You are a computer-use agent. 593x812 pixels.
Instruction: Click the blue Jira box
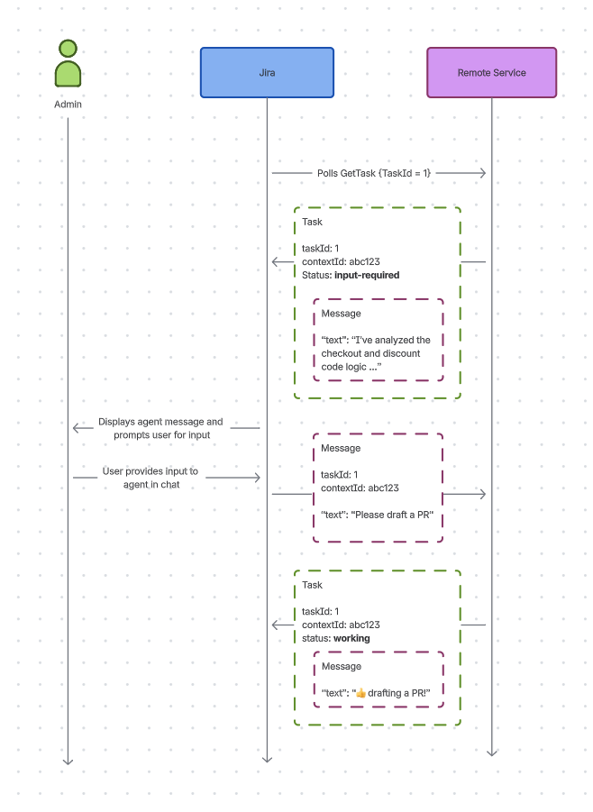point(267,72)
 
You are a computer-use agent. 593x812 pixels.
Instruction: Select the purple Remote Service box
point(491,72)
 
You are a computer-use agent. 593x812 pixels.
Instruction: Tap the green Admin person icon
point(68,64)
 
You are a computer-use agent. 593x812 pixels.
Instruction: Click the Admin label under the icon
point(68,105)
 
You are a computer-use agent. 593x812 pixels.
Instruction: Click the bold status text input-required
point(366,275)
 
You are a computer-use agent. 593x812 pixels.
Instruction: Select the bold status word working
point(351,638)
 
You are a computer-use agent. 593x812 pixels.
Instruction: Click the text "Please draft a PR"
point(384,514)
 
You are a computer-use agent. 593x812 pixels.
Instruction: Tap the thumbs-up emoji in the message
point(360,693)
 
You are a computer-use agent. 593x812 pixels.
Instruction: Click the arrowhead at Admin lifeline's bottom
point(68,762)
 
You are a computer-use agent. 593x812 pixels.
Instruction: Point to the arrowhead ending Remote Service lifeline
point(492,752)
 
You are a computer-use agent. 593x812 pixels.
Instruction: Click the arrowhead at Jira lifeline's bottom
point(267,759)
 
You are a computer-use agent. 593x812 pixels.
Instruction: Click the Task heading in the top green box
point(312,222)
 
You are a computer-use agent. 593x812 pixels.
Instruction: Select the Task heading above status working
point(312,585)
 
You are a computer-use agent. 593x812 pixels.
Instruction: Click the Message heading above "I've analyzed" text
point(341,314)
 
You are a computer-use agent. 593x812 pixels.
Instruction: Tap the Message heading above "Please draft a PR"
point(341,448)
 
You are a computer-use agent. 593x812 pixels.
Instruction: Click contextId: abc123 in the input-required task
point(341,261)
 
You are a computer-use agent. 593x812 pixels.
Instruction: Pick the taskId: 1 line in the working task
point(320,611)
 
